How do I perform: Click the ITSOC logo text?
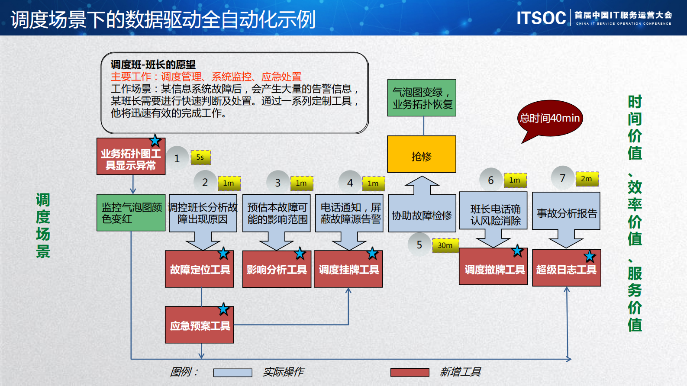541,18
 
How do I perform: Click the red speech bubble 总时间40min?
550,118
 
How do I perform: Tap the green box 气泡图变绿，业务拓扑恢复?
422,98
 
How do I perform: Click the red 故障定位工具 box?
200,270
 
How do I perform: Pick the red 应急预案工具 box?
200,325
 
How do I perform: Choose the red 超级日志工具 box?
566,269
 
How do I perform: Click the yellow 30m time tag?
445,245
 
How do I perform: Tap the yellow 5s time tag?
200,157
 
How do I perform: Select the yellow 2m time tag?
587,179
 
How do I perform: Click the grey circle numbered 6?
491,180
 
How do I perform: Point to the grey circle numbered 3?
278,183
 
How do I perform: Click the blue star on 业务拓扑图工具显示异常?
155,141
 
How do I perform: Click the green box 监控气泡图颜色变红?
131,212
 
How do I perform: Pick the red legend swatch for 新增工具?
410,372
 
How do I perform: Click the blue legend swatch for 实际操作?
232,372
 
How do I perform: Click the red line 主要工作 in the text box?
206,77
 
